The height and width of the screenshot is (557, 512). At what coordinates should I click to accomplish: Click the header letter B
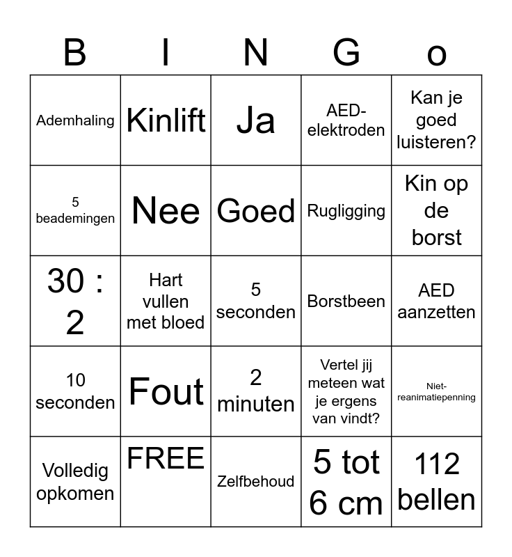pos(75,52)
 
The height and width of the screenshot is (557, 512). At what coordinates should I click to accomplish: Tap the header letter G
pos(346,52)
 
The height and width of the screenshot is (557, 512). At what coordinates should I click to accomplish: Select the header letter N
pos(256,52)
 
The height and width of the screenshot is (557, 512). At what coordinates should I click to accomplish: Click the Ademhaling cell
pos(75,120)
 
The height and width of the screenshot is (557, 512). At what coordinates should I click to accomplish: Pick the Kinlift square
pos(166,120)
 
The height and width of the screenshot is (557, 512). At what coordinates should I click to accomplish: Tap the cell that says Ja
pos(256,120)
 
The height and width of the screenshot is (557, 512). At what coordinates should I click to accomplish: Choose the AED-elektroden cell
pos(346,120)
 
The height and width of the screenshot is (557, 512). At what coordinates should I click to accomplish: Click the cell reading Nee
pos(166,210)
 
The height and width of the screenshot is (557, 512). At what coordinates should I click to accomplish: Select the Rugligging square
pos(346,210)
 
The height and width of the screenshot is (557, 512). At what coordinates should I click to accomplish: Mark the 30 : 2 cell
pos(75,301)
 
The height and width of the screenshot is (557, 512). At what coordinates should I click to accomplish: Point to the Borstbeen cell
pos(346,301)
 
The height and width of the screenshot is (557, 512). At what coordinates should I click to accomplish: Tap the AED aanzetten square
pos(437,301)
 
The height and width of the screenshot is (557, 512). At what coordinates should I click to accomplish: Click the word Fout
pos(166,391)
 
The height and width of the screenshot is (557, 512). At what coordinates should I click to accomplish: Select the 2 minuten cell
pos(256,391)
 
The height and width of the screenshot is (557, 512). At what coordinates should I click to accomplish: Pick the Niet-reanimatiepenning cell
pos(437,391)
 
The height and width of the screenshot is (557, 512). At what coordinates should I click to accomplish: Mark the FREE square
pos(166,460)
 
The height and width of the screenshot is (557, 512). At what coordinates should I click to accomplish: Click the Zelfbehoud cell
pos(256,481)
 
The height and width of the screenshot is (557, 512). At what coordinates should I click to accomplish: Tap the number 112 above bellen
pos(437,464)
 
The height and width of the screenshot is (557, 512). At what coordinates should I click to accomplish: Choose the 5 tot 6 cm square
pos(346,482)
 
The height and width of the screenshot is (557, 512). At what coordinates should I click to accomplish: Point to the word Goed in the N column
pos(256,210)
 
